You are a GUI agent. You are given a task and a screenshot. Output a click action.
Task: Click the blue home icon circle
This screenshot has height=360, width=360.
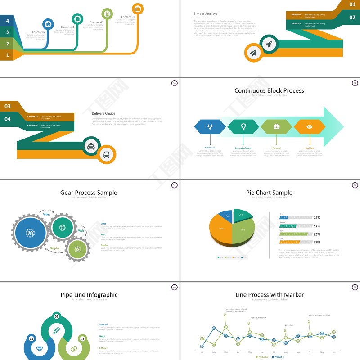[x=48, y=24]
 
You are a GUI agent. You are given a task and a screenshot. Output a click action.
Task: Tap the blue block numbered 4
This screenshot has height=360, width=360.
[x=7, y=20]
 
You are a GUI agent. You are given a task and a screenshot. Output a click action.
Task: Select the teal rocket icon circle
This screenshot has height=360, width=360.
[x=269, y=44]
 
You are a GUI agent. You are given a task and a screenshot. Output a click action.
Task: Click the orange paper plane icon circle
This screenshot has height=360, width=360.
[x=254, y=53]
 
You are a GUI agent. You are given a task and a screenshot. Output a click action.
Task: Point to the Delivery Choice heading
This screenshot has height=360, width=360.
[x=103, y=113]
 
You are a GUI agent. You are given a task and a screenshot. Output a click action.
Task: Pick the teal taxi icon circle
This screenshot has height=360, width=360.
[x=91, y=146]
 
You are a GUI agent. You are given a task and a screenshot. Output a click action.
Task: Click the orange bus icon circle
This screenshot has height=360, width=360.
[x=107, y=155]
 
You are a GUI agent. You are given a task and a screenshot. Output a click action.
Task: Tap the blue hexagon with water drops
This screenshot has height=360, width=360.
[x=210, y=127]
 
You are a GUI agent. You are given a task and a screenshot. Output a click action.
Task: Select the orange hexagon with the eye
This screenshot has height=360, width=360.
[x=310, y=127]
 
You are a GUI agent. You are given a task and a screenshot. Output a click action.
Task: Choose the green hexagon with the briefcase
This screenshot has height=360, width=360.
[x=276, y=127]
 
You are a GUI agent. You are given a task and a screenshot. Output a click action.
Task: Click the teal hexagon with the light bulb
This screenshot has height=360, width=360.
[x=243, y=127]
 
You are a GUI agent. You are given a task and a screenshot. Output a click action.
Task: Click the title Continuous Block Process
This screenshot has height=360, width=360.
[x=269, y=90]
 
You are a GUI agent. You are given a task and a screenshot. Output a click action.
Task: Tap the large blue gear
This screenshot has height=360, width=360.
[x=30, y=233]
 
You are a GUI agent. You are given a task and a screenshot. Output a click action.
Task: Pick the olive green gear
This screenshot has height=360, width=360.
[x=77, y=249]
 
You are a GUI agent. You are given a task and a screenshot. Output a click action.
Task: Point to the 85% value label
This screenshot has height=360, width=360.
[x=317, y=234]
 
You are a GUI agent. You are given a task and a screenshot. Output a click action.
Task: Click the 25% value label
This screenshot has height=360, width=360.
[x=317, y=217]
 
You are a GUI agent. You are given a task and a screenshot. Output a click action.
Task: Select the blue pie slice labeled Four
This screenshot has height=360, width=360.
[x=226, y=216]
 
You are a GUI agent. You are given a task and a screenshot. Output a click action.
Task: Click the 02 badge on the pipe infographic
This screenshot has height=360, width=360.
[x=57, y=316]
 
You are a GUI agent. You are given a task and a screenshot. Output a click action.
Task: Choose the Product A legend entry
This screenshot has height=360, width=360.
[x=262, y=357]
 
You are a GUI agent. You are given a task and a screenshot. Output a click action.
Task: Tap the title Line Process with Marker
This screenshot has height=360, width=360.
[x=269, y=295]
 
